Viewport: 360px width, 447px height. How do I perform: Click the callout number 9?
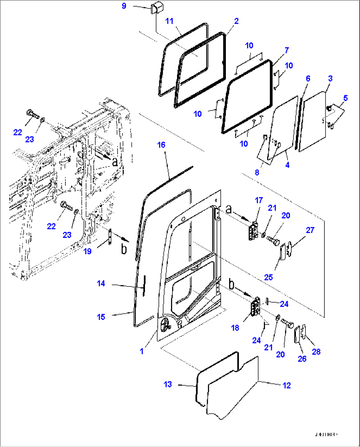pyautogui.click(x=124, y=6)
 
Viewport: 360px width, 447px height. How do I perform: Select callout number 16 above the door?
pyautogui.click(x=161, y=145)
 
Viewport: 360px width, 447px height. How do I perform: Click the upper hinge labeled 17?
pyautogui.click(x=253, y=231)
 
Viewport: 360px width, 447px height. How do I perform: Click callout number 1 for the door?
pyautogui.click(x=142, y=351)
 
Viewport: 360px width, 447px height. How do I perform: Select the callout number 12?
pyautogui.click(x=286, y=385)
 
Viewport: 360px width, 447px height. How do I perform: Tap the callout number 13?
pyautogui.click(x=168, y=384)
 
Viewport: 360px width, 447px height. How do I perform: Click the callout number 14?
pyautogui.click(x=101, y=283)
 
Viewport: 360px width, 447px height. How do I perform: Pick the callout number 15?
pyautogui.click(x=101, y=317)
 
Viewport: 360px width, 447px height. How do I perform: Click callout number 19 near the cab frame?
pyautogui.click(x=87, y=251)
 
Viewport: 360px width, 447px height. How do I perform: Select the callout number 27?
pyautogui.click(x=310, y=230)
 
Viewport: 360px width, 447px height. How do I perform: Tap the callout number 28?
pyautogui.click(x=316, y=352)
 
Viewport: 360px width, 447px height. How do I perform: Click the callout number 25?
pyautogui.click(x=269, y=277)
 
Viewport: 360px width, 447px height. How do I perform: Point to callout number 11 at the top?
pyautogui.click(x=169, y=21)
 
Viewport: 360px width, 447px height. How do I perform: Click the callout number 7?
pyautogui.click(x=287, y=50)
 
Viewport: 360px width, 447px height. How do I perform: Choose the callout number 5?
pyautogui.click(x=345, y=98)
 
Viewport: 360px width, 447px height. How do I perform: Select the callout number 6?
pyautogui.click(x=308, y=78)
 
